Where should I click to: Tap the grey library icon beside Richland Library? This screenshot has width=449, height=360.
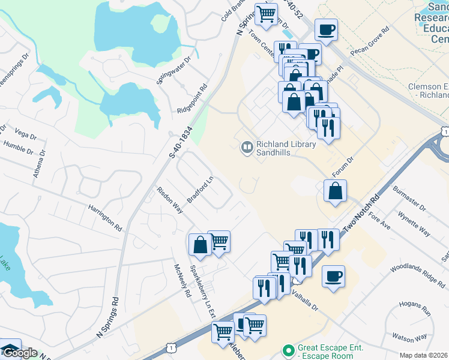coord(247,147)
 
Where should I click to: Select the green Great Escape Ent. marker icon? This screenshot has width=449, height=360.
coord(289,349)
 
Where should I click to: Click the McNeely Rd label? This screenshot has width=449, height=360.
coord(181,281)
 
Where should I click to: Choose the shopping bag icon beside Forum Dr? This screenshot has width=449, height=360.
coord(335,192)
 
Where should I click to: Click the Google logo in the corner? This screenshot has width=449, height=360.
coord(19,352)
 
